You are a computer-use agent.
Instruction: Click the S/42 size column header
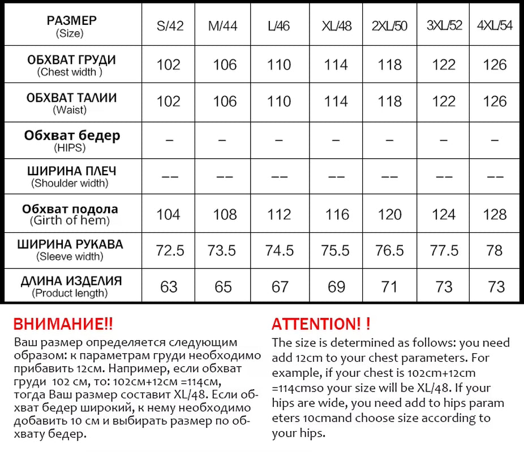[x=170, y=27]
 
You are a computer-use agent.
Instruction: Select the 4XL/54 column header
[x=495, y=27]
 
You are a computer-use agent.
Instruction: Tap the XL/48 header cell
[x=337, y=27]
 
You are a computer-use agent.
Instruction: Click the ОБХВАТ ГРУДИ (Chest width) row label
[x=71, y=65]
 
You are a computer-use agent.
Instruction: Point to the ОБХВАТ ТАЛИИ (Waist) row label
[x=71, y=102]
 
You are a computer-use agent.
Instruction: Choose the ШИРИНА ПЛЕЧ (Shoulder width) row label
[x=71, y=176]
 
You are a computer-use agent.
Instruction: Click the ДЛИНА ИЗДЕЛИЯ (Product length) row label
[x=71, y=286]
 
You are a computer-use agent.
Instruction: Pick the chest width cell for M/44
[x=225, y=65]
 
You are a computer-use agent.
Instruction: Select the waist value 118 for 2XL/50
[x=390, y=102]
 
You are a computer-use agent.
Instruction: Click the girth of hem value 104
[x=169, y=215]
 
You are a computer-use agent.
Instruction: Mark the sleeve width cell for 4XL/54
[x=496, y=250]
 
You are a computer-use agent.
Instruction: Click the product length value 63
[x=169, y=287]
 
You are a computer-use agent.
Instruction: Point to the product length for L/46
[x=280, y=287]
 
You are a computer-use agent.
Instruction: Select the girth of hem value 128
[x=495, y=215]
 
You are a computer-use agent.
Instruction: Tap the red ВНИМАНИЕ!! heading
[x=63, y=324]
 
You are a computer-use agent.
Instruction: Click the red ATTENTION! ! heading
[x=321, y=324]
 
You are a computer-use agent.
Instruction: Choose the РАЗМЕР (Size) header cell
[x=71, y=27]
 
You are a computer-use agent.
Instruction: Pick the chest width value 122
[x=444, y=65]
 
